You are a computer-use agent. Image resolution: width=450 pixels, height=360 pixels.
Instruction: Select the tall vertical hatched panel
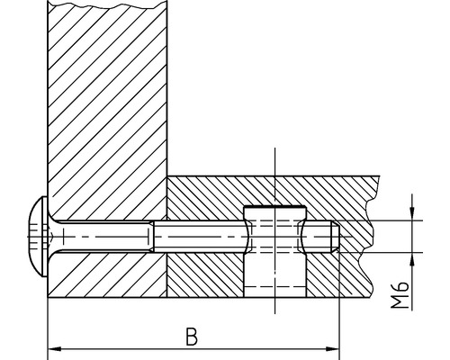click(108, 108)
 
